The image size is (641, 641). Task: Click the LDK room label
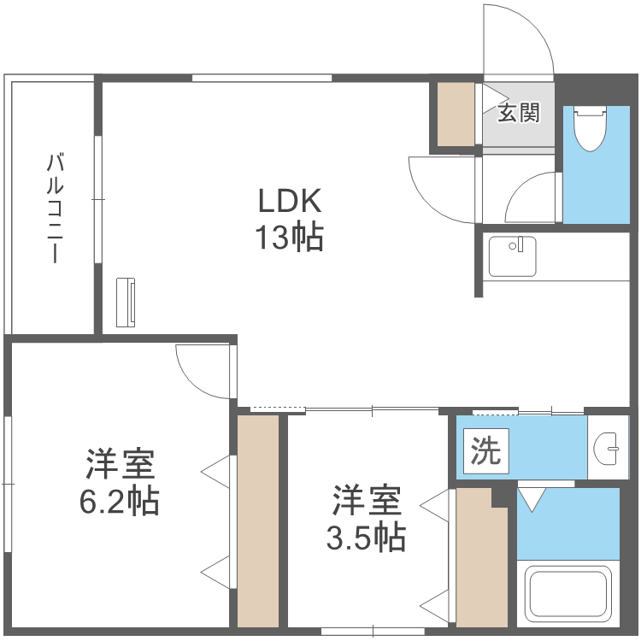(290, 202)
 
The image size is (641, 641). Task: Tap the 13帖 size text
(290, 237)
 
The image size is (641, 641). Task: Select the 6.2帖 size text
(119, 501)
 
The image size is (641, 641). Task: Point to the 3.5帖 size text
(366, 537)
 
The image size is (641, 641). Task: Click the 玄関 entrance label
(520, 113)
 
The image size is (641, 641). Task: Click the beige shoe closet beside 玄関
(456, 114)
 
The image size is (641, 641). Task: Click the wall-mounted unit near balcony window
(126, 301)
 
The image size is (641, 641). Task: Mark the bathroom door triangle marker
(533, 498)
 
